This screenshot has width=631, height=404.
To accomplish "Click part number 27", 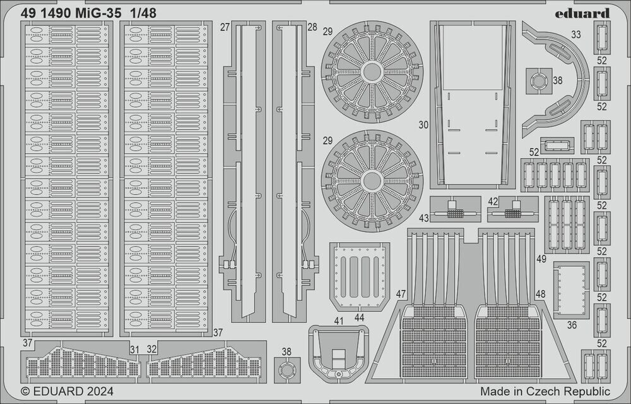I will tap(225, 27).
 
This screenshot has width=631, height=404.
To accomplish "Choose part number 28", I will tap(313, 27).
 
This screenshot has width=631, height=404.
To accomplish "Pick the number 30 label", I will tap(423, 125).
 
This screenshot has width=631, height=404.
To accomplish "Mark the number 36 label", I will tap(572, 326).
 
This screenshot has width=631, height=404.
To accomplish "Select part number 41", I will tap(339, 321).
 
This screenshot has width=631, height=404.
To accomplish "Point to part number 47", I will tap(401, 294).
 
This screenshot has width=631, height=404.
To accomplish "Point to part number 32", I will tap(152, 349).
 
